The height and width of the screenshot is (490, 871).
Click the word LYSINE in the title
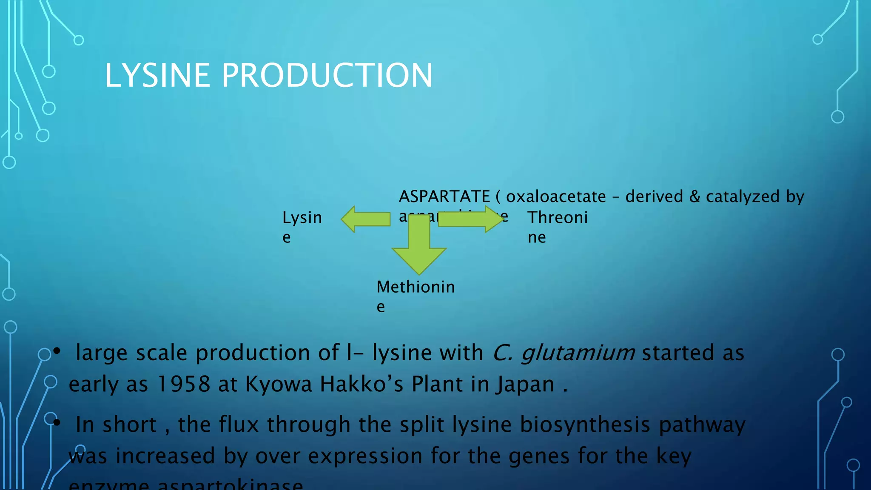157,76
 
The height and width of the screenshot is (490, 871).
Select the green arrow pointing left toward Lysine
366,219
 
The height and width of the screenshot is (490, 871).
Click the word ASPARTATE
444,197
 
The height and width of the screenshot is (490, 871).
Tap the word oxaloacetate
555,197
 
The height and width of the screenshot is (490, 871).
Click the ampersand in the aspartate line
695,197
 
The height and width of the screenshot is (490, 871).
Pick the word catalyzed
743,197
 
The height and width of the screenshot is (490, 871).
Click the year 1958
183,384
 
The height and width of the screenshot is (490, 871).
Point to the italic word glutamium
578,353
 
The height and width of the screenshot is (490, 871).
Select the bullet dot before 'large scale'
57,351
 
